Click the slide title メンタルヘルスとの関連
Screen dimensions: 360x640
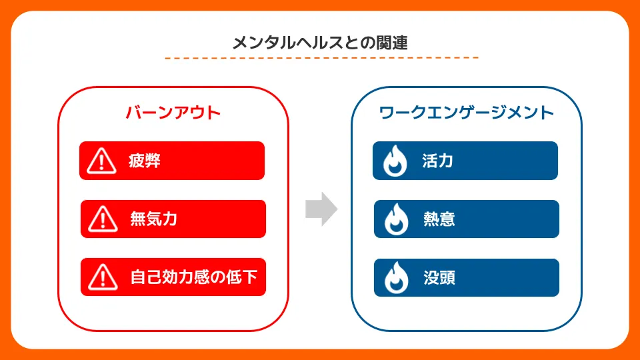320,43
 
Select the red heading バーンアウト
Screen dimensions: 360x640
173,112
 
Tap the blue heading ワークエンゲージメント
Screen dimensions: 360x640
467,112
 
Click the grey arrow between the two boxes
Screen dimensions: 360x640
321,209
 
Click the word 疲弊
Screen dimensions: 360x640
145,161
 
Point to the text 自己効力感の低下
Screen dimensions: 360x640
194,277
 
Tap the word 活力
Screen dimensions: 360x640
438,161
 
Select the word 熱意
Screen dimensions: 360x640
439,219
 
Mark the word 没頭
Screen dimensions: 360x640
439,277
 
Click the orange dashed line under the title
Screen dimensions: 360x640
321,58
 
